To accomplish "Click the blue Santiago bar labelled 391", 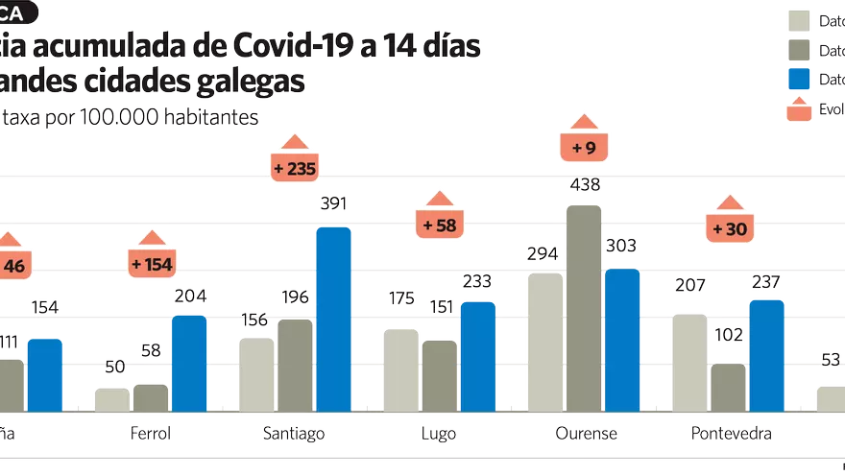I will coord(333,320).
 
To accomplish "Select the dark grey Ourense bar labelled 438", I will coord(584,309).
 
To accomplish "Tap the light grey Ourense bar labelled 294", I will coord(545,343).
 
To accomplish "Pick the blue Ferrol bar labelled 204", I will coord(188,364).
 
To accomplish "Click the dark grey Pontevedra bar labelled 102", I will coord(728,388).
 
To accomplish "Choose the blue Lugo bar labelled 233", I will coord(477,357).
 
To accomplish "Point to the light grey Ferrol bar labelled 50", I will coord(111,399).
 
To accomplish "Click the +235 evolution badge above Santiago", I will coord(295,168).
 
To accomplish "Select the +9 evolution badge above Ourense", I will coord(584,148).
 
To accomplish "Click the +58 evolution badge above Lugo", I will coord(439,226).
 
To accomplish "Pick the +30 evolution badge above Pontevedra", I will coord(729,229).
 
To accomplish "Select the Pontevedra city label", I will coord(732,434).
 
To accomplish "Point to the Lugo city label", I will coord(439,434).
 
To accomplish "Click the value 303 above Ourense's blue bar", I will coord(621,247).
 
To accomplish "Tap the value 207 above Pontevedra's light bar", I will coord(689,285).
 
